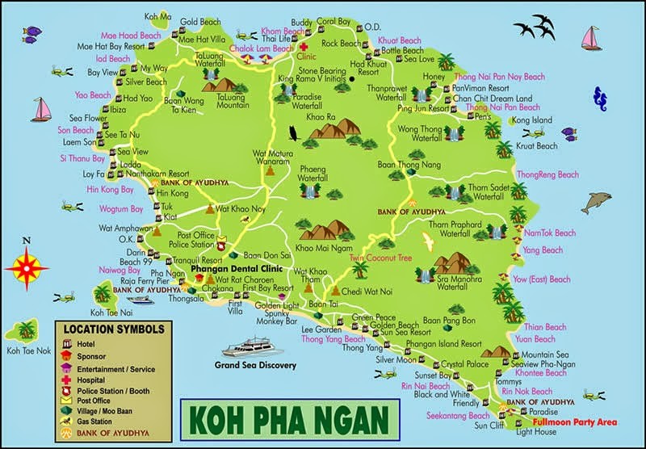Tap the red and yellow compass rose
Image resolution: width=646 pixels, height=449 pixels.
pos(26,266)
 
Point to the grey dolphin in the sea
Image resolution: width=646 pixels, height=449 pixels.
pos(596,202)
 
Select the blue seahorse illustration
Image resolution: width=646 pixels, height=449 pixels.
pos(599,99)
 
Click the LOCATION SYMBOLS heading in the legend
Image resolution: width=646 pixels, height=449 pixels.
pos(113,329)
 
